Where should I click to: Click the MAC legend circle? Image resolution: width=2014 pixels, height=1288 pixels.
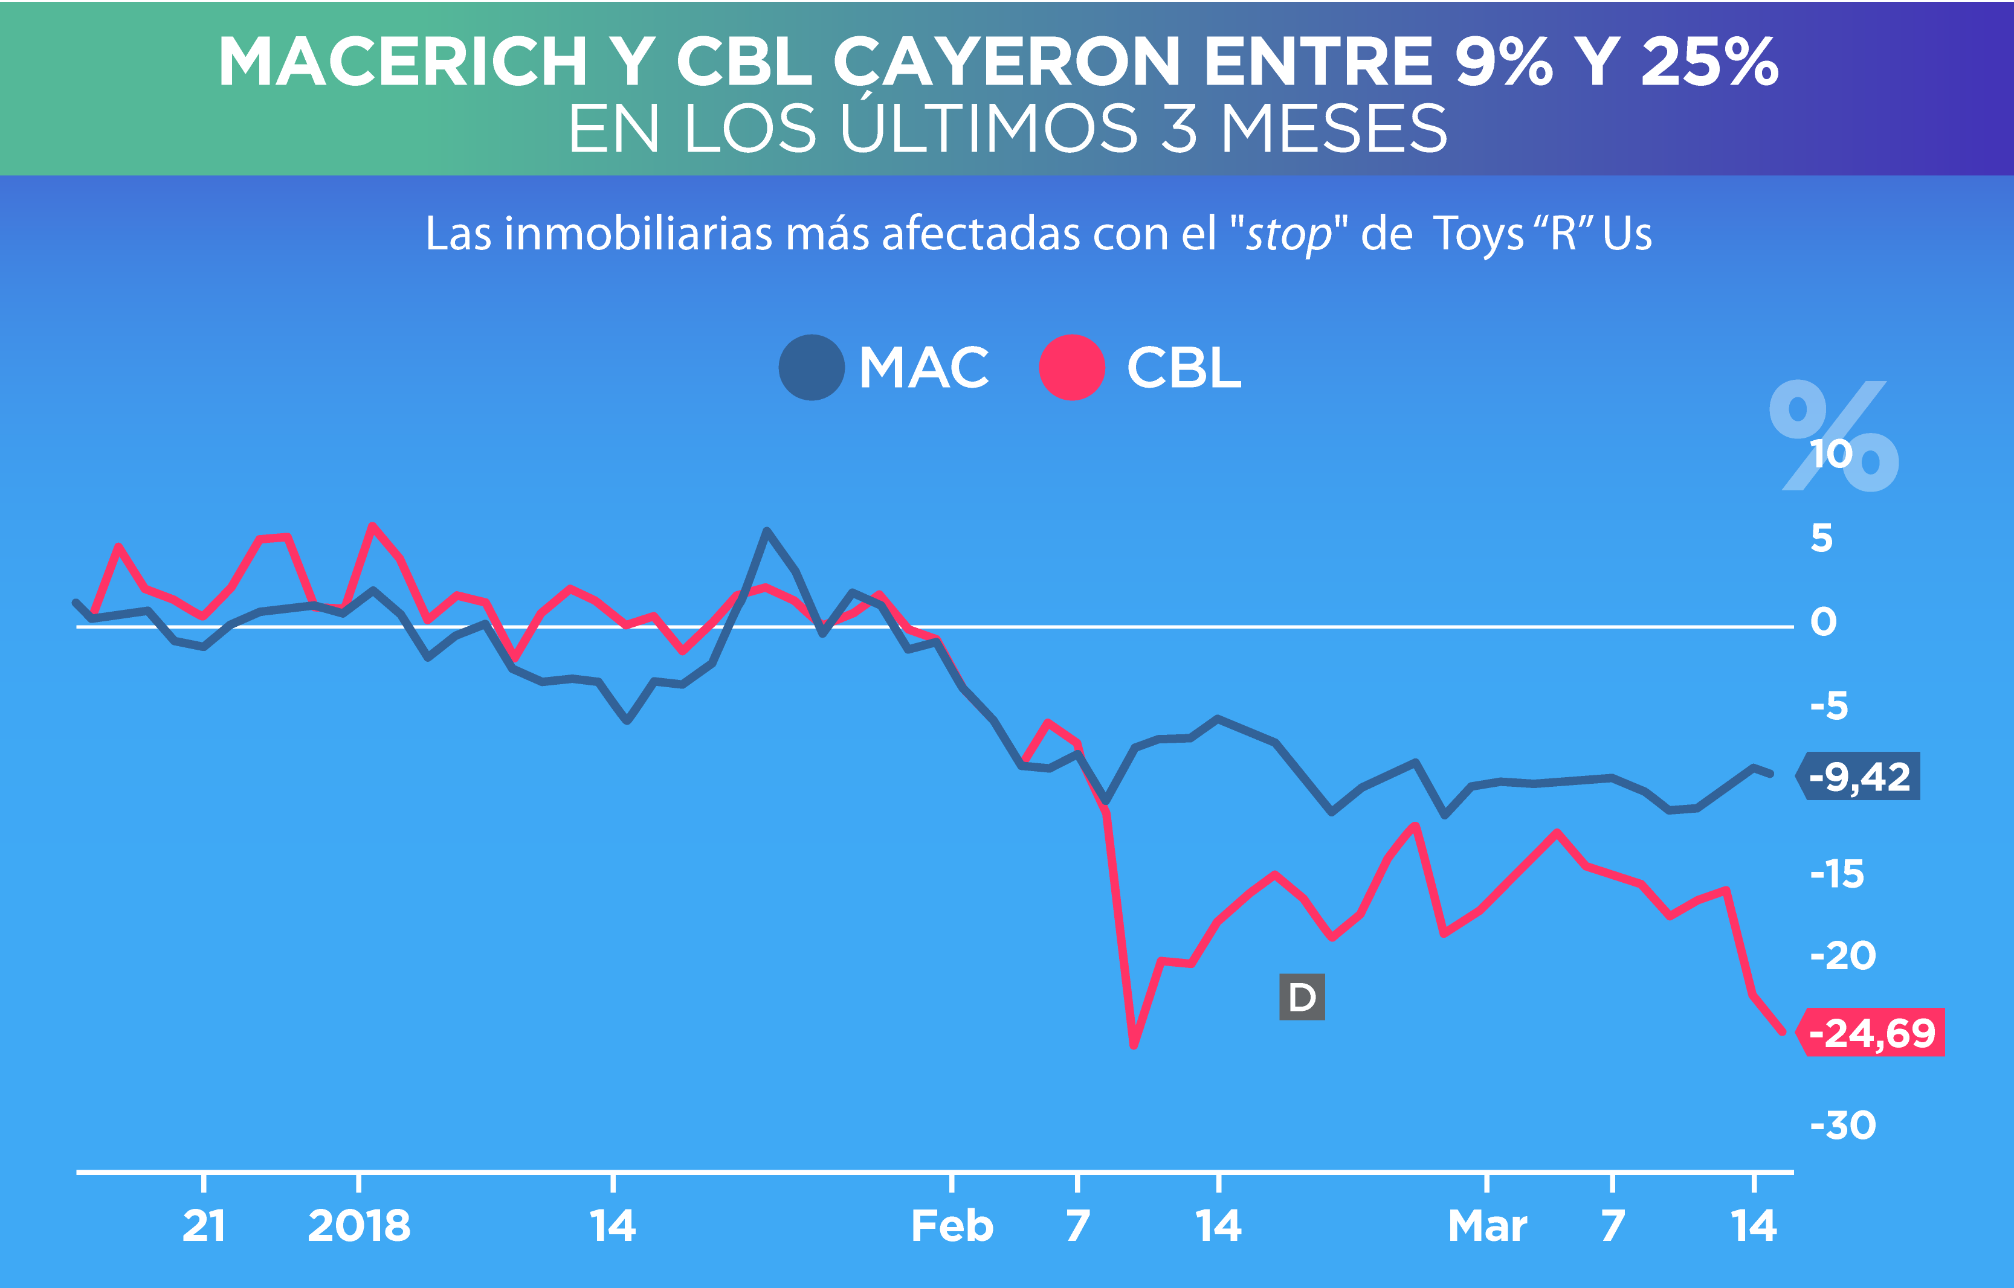(811, 367)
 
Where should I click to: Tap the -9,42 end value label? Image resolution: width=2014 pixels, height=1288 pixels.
(1859, 777)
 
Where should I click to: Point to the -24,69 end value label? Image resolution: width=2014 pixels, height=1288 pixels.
(1872, 1033)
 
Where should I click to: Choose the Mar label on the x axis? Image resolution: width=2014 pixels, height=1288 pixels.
(1487, 1226)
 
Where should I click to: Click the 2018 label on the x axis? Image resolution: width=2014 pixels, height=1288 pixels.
(359, 1226)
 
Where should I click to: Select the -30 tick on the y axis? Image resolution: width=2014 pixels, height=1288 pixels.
(1842, 1126)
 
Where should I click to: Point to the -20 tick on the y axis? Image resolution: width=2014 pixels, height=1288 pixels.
(1842, 955)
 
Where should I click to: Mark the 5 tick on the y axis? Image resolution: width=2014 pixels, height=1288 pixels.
(1822, 538)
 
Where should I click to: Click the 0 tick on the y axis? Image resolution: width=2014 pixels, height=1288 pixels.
(1823, 622)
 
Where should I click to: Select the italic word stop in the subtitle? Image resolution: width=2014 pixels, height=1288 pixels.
(1288, 234)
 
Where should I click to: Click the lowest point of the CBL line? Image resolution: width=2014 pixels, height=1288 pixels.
(1134, 1045)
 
